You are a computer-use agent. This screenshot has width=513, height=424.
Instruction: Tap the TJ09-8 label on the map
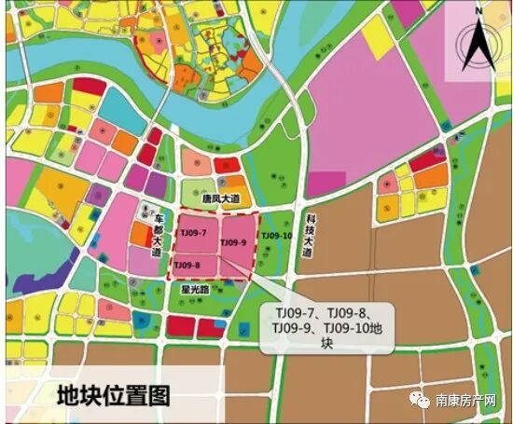[187, 267]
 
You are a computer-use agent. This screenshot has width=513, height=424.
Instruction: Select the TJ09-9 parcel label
[232, 243]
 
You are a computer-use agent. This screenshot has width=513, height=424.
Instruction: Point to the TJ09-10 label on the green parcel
[276, 237]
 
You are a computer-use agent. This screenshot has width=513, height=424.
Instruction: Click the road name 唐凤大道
[222, 199]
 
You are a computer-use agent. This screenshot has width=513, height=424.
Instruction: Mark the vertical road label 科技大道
[308, 233]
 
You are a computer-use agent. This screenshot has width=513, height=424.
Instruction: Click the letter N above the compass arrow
[478, 11]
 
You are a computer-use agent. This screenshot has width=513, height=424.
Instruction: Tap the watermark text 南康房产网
[470, 401]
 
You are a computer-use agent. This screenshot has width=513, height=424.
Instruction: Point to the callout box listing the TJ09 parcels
[326, 325]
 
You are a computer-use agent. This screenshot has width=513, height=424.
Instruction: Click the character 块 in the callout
[326, 343]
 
